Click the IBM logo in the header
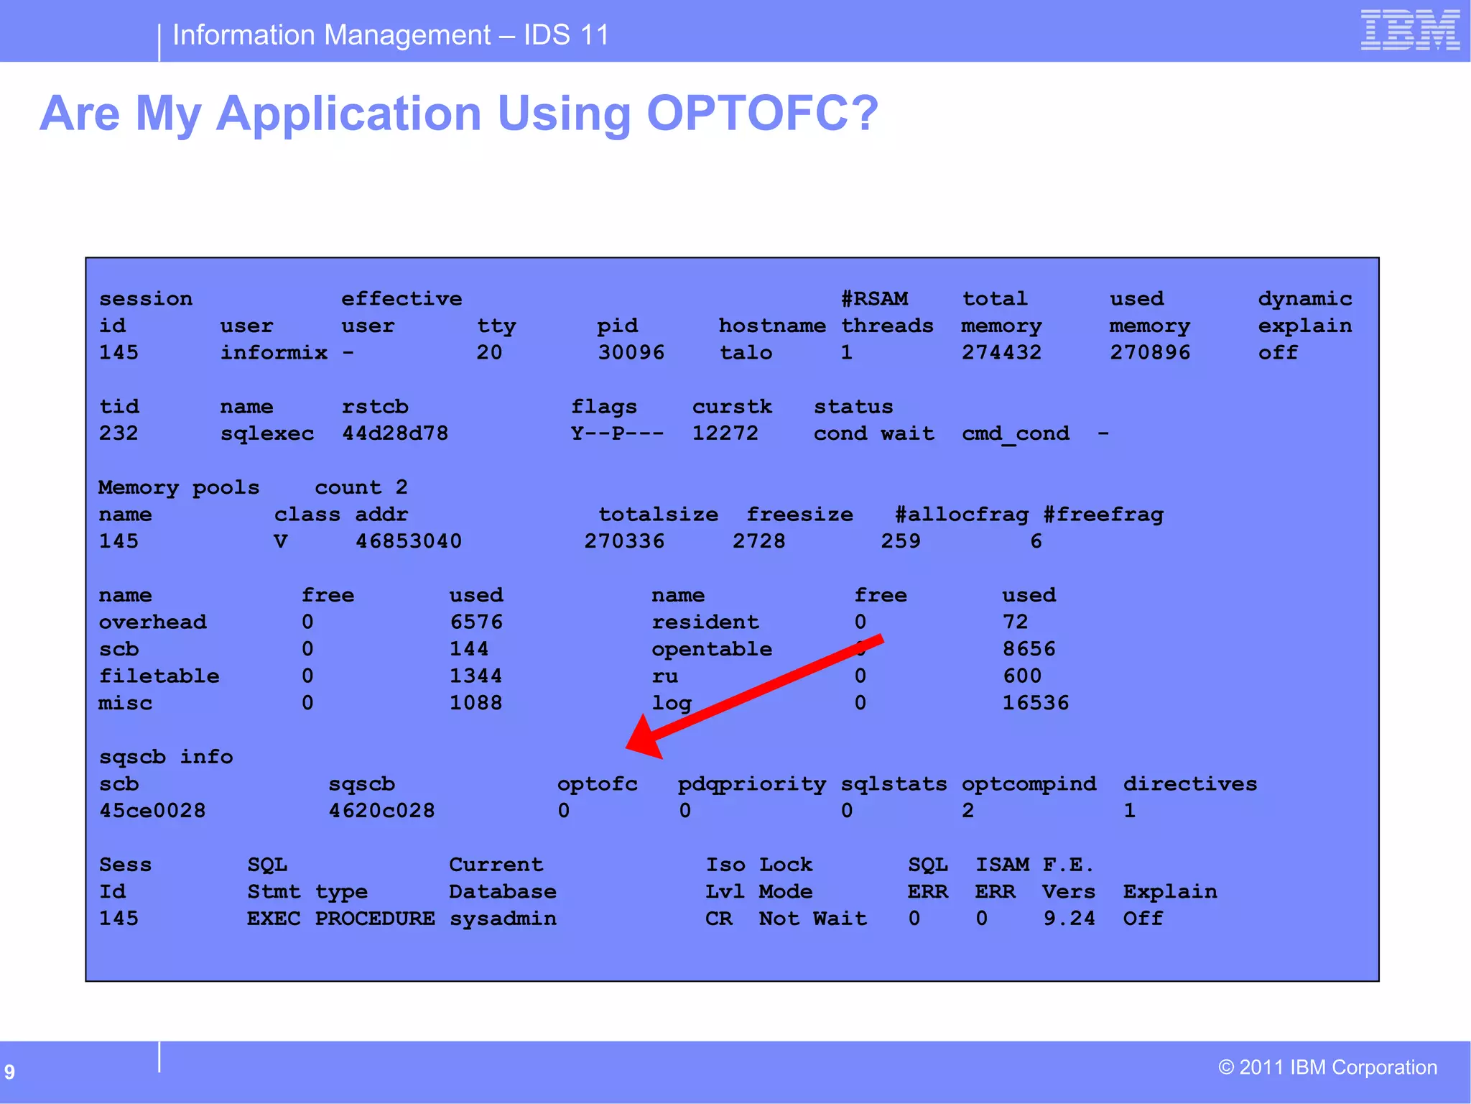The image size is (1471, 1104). pyautogui.click(x=1410, y=30)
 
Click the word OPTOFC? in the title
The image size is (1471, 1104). pyautogui.click(x=762, y=113)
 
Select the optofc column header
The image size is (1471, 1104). pyautogui.click(x=597, y=784)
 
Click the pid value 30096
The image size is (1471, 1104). pyautogui.click(x=631, y=352)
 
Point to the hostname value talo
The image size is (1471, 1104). pyautogui.click(x=746, y=352)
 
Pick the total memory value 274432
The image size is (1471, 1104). pyautogui.click(x=1001, y=352)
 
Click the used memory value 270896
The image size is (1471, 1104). pyautogui.click(x=1149, y=352)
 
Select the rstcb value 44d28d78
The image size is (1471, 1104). pyautogui.click(x=394, y=433)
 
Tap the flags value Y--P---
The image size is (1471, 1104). pyautogui.click(x=617, y=433)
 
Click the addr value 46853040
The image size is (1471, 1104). pyautogui.click(x=408, y=541)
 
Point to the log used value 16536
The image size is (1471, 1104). pyautogui.click(x=1035, y=703)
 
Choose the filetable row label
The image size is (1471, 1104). pyautogui.click(x=159, y=676)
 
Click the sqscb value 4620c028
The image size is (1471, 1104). pyautogui.click(x=381, y=811)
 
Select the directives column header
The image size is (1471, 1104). pyautogui.click(x=1189, y=784)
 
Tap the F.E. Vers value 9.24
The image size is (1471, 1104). pyautogui.click(x=1069, y=919)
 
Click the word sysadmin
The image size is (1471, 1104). pyautogui.click(x=502, y=919)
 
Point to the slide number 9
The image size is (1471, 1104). pyautogui.click(x=9, y=1072)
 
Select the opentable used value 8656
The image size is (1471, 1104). pyautogui.click(x=1029, y=649)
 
